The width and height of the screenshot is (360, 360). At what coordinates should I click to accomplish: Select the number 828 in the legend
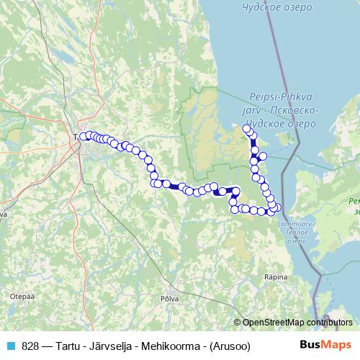tap(30, 346)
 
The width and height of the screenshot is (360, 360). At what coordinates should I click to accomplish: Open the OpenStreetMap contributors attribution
tap(297, 322)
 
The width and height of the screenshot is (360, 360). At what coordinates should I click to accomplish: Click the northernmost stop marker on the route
tap(247, 128)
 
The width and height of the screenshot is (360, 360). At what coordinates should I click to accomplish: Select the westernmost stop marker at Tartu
tap(84, 136)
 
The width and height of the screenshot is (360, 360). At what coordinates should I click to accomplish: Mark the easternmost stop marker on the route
tap(278, 208)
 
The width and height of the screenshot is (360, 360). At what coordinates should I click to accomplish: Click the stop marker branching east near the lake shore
tap(263, 156)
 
